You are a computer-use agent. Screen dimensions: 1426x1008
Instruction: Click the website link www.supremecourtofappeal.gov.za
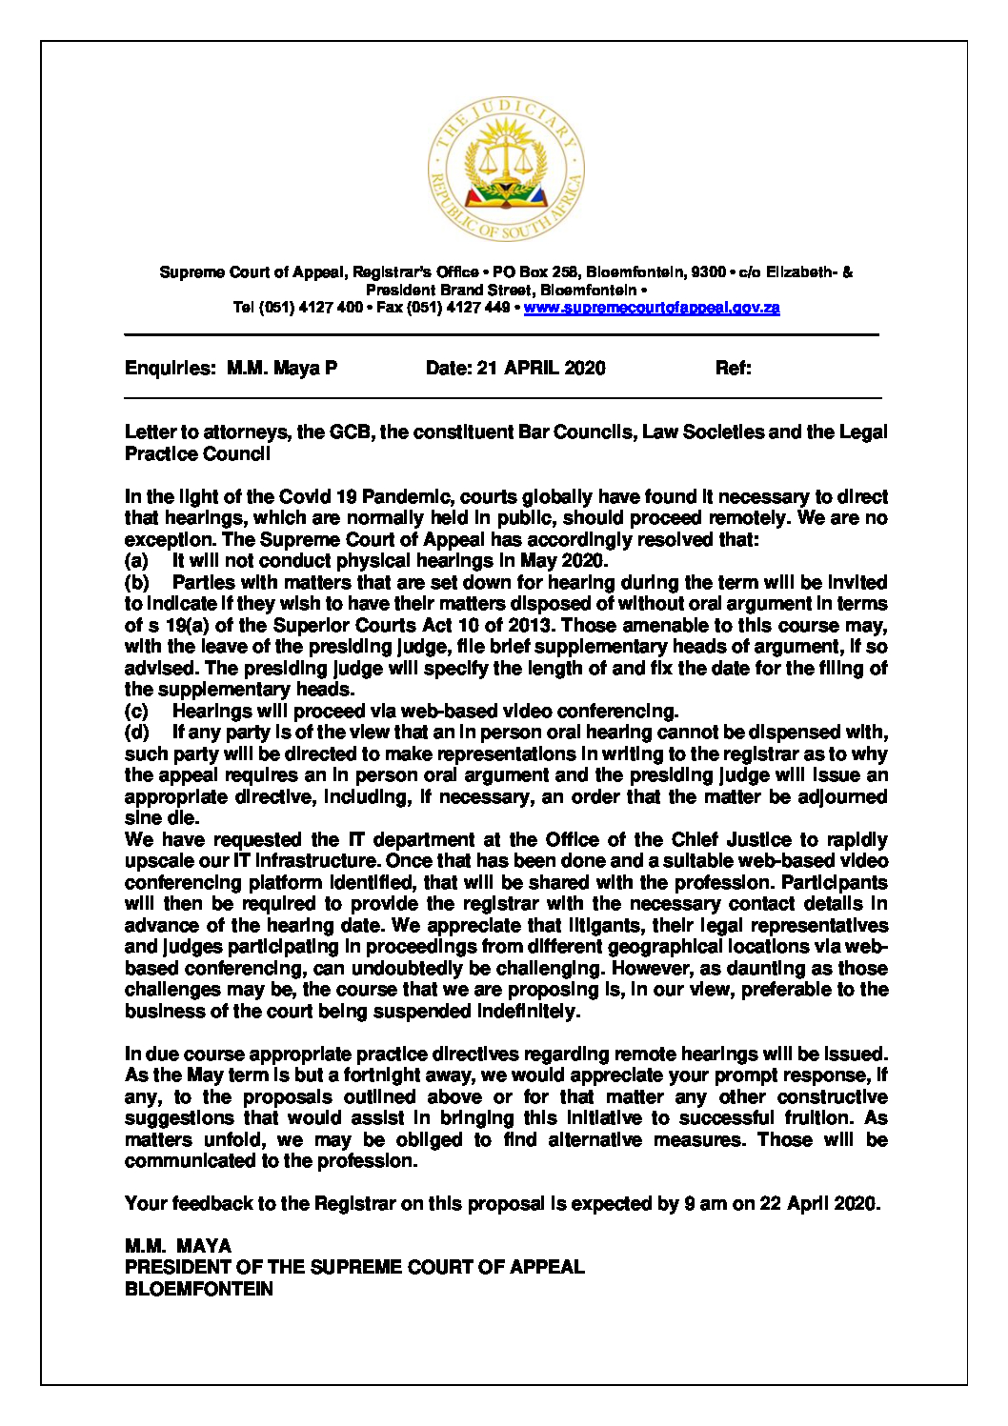(652, 308)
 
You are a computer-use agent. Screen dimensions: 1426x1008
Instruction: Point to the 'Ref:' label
(733, 369)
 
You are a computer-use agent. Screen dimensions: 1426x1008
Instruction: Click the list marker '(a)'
(136, 561)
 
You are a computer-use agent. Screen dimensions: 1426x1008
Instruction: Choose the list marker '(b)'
(136, 583)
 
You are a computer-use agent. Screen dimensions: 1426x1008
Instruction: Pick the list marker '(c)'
(136, 712)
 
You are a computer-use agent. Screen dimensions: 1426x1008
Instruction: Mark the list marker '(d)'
(136, 733)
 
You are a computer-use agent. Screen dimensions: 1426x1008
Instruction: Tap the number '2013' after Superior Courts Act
(531, 626)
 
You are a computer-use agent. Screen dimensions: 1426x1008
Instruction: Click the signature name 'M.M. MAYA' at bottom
(178, 1246)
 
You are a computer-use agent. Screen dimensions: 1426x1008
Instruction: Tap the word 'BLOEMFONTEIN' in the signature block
(199, 1289)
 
